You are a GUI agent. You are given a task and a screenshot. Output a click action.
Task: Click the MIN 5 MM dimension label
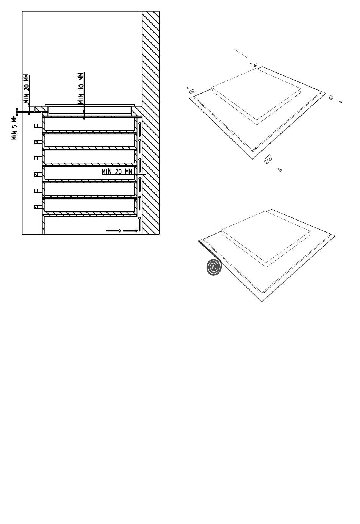[x=14, y=127]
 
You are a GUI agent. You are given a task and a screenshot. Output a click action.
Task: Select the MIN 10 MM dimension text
[x=81, y=88]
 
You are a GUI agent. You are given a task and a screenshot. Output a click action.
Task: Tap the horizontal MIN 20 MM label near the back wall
[x=117, y=172]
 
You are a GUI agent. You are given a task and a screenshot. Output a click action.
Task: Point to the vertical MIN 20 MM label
[x=27, y=89]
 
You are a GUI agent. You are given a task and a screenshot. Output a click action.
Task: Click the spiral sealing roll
[x=214, y=267]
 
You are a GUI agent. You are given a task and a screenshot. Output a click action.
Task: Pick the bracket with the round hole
[x=268, y=159]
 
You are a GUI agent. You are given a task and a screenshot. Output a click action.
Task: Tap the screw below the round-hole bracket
[x=280, y=170]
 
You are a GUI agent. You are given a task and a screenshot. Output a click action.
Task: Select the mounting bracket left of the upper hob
[x=192, y=91]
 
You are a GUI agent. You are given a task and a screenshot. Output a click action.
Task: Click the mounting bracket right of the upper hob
[x=331, y=97]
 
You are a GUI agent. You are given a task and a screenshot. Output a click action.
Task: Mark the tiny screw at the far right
[x=341, y=102]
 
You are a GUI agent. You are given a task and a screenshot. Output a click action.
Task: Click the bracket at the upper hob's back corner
[x=255, y=65]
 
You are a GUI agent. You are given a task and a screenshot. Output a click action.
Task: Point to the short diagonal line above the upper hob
[x=240, y=53]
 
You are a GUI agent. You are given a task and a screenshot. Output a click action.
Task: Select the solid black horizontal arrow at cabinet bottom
[x=113, y=231]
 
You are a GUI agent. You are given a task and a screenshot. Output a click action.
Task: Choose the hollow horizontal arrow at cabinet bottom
[x=130, y=231]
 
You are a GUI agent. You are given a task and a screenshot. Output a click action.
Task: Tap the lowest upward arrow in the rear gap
[x=140, y=224]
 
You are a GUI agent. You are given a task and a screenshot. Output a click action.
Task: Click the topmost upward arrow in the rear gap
[x=140, y=128]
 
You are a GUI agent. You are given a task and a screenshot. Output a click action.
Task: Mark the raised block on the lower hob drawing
[x=266, y=239]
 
